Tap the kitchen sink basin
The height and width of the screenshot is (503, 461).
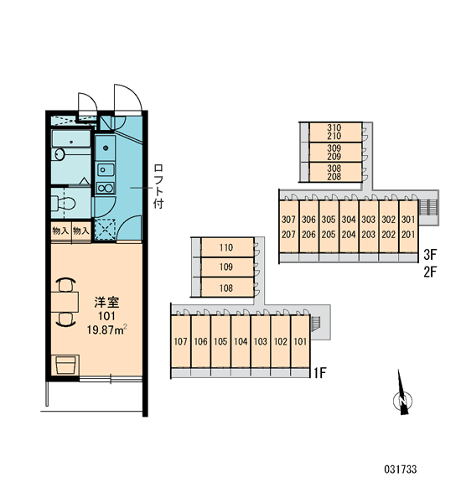click(x=106, y=169)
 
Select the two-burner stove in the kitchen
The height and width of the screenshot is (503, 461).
click(x=105, y=188)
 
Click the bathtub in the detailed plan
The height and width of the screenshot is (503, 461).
click(x=71, y=138)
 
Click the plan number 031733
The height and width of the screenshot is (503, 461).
click(x=401, y=469)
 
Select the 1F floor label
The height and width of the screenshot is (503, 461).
click(x=319, y=373)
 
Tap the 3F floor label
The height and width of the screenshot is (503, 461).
click(x=430, y=255)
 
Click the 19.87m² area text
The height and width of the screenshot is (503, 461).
click(x=106, y=329)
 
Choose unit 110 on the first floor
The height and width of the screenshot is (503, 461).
click(x=227, y=247)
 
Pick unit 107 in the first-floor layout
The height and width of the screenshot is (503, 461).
click(x=180, y=341)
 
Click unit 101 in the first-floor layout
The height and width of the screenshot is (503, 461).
click(x=300, y=341)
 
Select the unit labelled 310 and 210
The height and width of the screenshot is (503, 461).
click(x=335, y=132)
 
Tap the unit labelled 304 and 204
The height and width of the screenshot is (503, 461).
click(x=349, y=226)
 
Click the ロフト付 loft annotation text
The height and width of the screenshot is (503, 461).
click(x=158, y=186)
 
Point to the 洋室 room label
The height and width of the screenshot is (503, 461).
click(x=106, y=302)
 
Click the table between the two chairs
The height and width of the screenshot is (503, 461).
click(x=65, y=302)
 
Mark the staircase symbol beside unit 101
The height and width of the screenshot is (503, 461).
click(x=316, y=323)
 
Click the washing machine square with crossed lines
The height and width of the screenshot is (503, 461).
click(x=105, y=230)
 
